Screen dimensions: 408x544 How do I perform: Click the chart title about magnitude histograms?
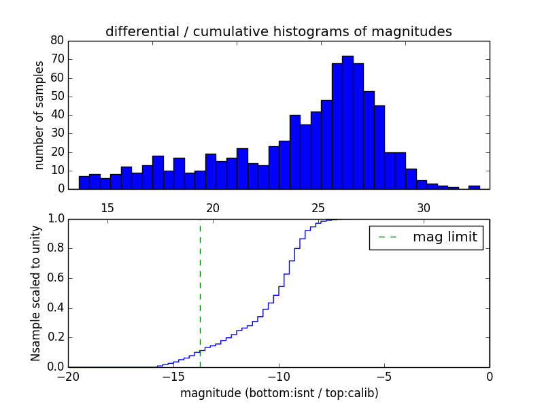pos(278,31)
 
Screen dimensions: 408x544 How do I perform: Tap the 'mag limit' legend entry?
pos(426,237)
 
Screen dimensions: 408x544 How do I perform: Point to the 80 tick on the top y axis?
pos(57,41)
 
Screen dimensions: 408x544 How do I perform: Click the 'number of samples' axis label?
pos(39,115)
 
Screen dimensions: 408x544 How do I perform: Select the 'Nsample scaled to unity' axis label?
pos(36,293)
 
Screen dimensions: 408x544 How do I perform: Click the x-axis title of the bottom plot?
pos(279,393)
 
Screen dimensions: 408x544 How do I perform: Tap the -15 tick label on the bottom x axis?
pos(173,377)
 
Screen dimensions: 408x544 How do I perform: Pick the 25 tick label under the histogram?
pos(318,207)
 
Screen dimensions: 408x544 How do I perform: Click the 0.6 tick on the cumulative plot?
pos(55,278)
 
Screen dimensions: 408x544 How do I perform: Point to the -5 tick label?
pos(384,377)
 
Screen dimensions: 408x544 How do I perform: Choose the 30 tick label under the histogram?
pos(424,207)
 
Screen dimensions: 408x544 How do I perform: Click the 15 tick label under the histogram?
pos(107,207)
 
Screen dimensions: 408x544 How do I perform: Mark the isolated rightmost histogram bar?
pos(474,187)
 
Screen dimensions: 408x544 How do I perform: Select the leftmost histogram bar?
pos(84,182)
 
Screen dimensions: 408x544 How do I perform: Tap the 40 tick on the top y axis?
pos(57,115)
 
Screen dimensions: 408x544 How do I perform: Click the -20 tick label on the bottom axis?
pos(68,377)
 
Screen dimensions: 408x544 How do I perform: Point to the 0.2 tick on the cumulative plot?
pos(55,337)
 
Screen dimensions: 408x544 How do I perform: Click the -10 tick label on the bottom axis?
pos(278,377)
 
